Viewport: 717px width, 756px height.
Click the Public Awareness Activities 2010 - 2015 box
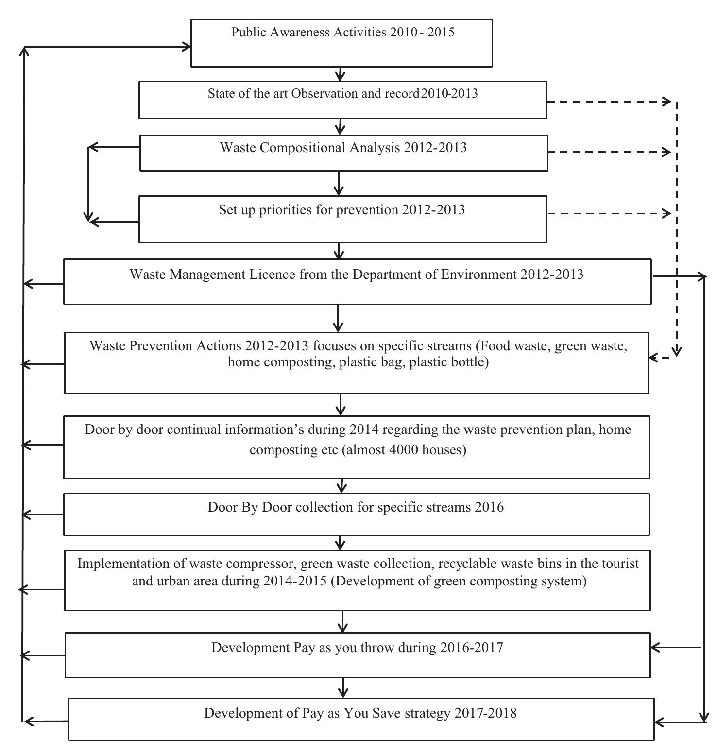pyautogui.click(x=341, y=43)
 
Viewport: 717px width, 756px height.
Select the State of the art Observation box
pyautogui.click(x=342, y=100)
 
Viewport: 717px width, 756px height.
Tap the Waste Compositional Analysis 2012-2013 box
pyautogui.click(x=343, y=153)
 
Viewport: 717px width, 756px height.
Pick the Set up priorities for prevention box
pyautogui.click(x=342, y=219)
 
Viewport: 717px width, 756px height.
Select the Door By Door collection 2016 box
pyautogui.click(x=356, y=514)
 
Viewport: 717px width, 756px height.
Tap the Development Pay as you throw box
pyautogui.click(x=357, y=654)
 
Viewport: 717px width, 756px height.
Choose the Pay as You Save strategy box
pyautogui.click(x=361, y=719)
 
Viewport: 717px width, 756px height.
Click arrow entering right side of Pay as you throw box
pyautogui.click(x=656, y=647)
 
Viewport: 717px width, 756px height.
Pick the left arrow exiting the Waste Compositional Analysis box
pyautogui.click(x=97, y=147)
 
